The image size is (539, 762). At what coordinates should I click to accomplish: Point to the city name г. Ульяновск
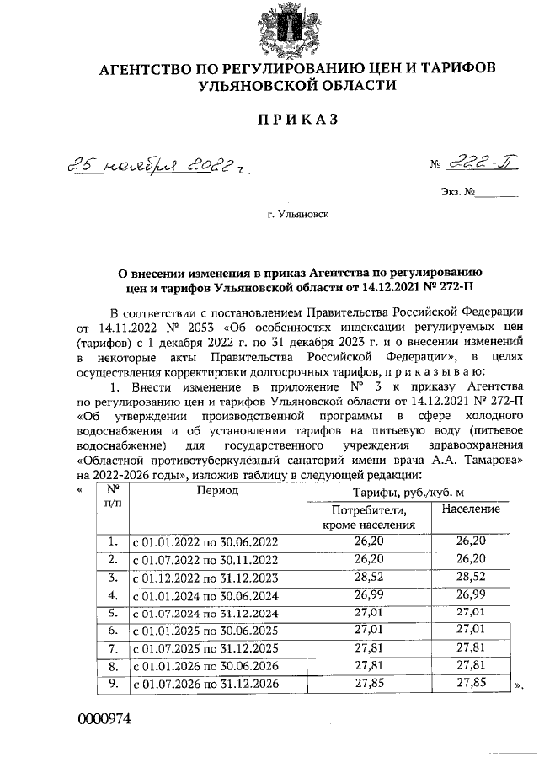point(298,215)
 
